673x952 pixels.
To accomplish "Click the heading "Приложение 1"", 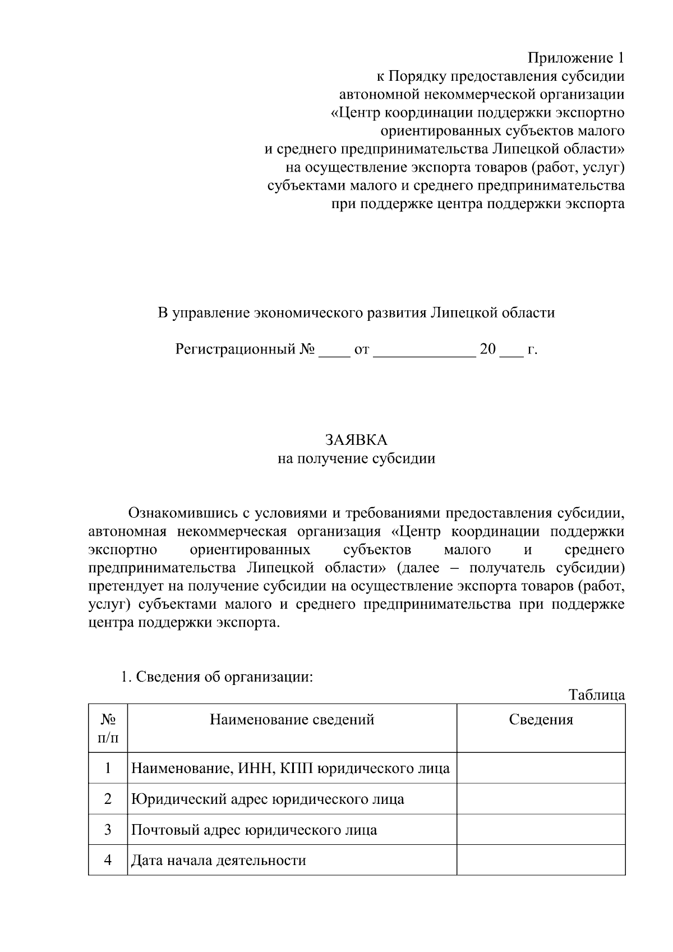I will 576,58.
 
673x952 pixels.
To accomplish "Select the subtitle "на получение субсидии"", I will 356,459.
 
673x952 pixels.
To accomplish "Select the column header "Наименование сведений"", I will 292,720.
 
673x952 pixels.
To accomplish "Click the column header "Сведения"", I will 541,720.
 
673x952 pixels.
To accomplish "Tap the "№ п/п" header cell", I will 108,728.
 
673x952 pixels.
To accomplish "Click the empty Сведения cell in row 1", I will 541,768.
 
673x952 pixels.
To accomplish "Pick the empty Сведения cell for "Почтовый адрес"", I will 541,830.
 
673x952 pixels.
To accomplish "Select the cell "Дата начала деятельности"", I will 219,861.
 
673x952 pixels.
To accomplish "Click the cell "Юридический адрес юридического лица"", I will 268,799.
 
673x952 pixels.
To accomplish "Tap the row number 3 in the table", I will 108,830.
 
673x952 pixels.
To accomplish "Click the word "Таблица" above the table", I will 597,695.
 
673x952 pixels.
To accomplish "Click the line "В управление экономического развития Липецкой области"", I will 356,313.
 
